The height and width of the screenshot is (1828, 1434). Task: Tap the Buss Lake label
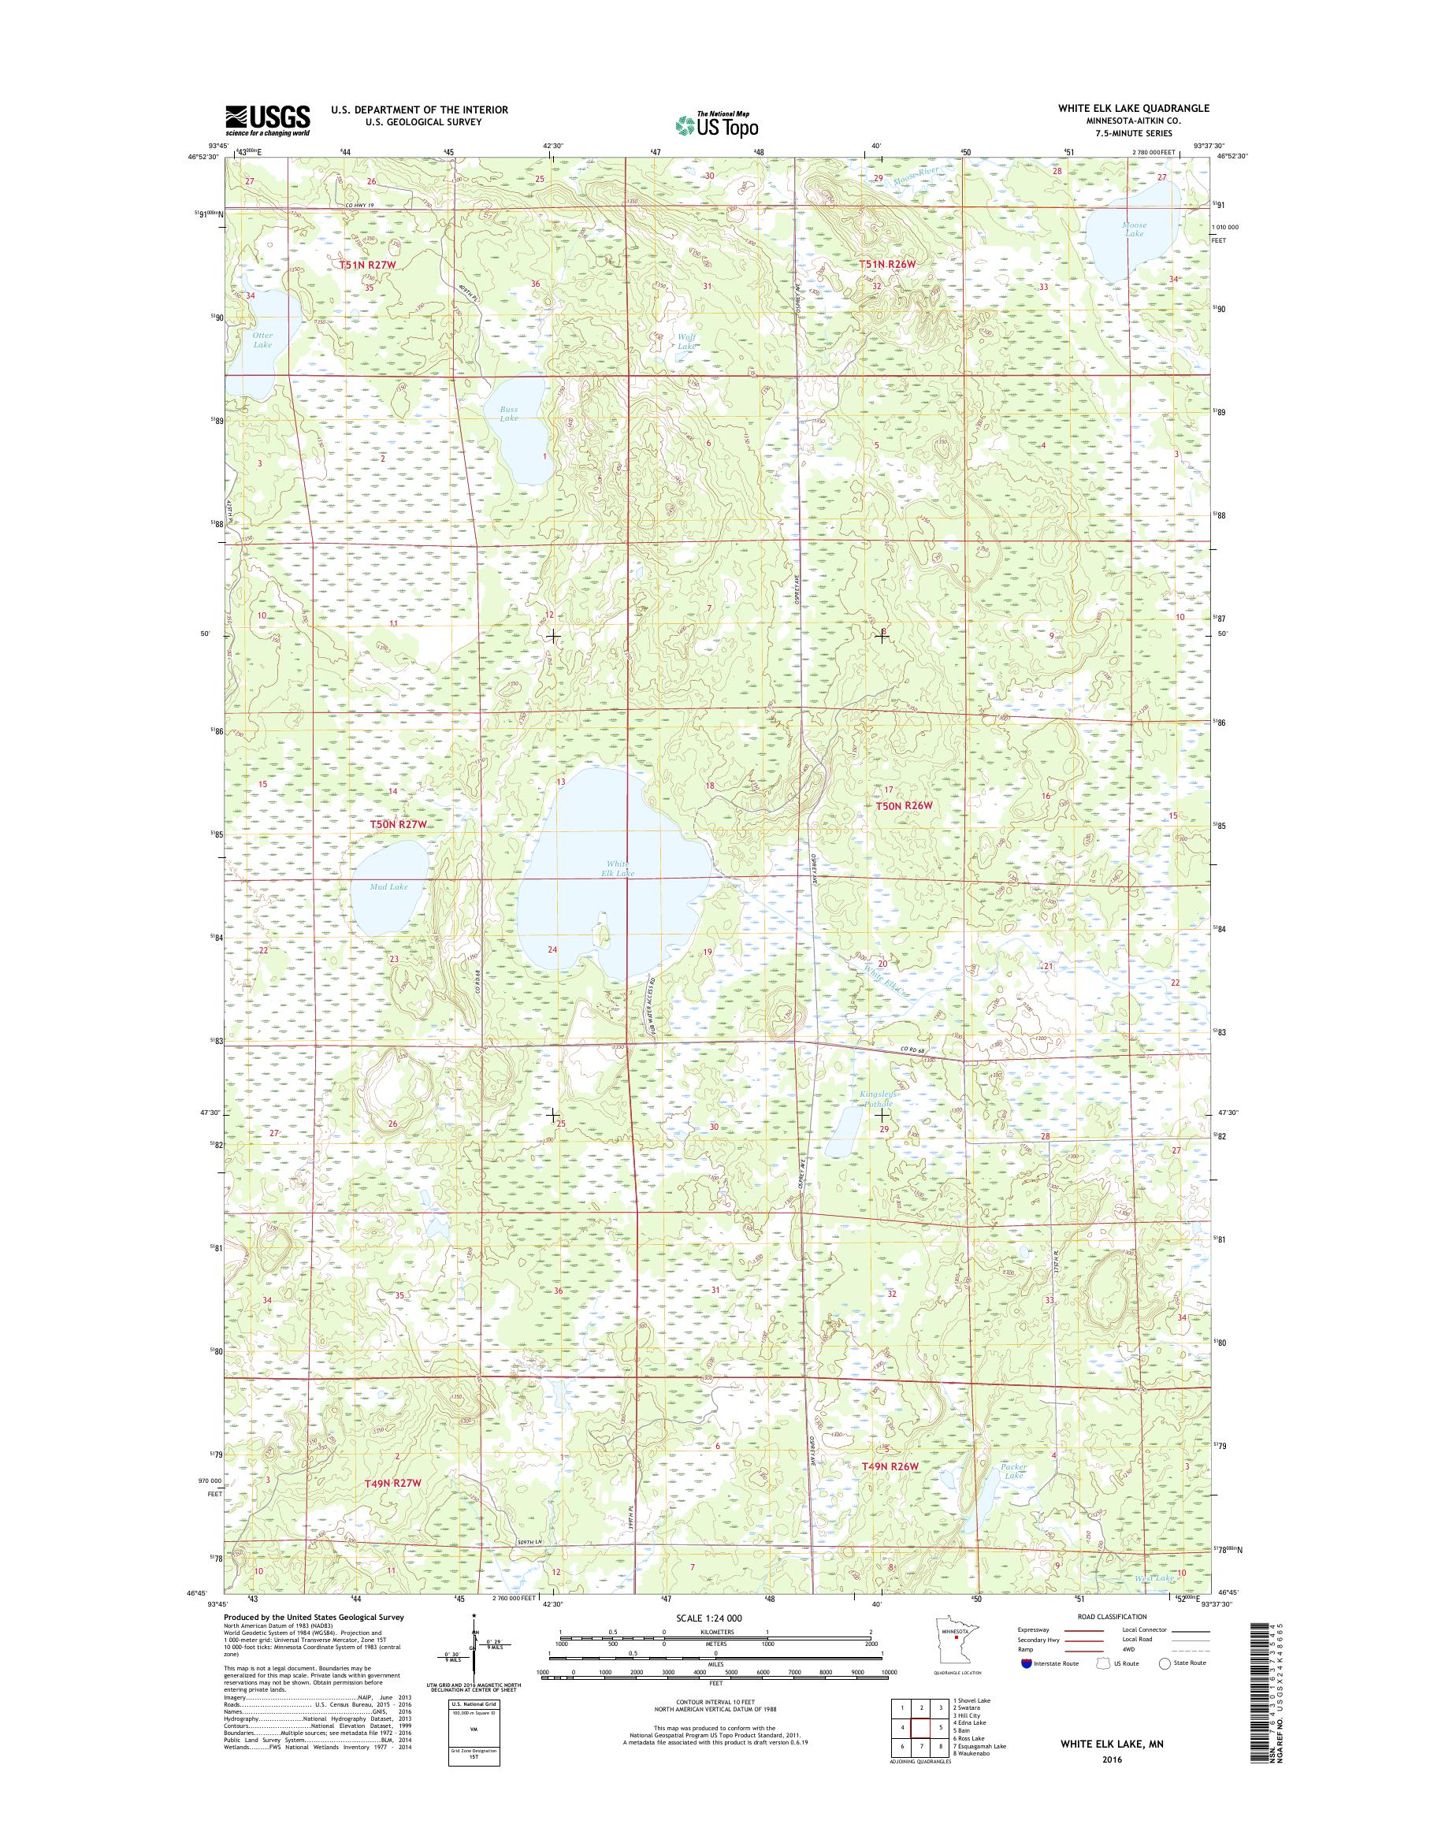[x=509, y=413]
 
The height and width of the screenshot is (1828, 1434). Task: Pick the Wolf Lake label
[x=686, y=341]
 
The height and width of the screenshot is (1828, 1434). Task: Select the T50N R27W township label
[x=399, y=825]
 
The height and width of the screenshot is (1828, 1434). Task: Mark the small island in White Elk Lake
[x=601, y=933]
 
